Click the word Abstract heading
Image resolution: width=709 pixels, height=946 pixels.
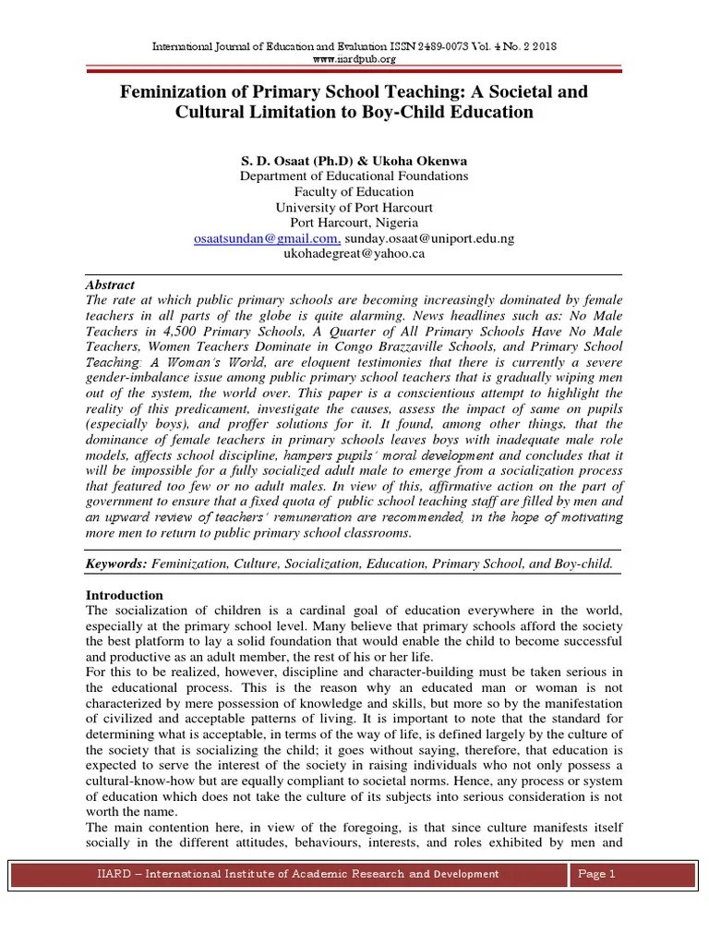(x=110, y=285)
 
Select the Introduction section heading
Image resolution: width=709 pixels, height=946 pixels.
(x=124, y=596)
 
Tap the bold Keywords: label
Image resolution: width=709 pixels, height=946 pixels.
(x=116, y=563)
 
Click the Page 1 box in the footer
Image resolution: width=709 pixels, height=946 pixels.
(x=595, y=874)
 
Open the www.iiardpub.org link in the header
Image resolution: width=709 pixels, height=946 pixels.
(x=354, y=59)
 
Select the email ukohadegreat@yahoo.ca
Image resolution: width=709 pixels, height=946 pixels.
(x=354, y=253)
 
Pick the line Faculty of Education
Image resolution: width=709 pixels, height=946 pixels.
(x=354, y=191)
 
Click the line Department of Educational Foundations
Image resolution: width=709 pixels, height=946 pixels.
(x=354, y=176)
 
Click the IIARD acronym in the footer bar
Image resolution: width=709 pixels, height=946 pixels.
(x=114, y=874)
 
